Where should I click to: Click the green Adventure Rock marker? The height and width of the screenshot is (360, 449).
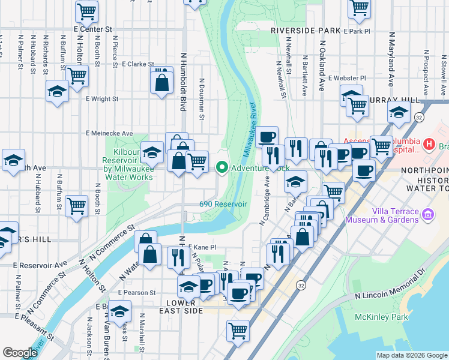222,168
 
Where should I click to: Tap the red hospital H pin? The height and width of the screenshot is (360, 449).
429,144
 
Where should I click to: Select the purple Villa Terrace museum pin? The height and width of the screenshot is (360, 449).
427,214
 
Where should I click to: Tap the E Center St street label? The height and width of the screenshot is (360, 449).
93,29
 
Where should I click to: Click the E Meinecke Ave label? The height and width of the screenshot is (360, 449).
109,133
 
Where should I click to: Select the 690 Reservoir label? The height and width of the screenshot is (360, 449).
223,204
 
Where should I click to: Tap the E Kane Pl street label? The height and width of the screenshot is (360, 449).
201,247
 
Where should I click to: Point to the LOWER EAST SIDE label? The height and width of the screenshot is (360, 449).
178,306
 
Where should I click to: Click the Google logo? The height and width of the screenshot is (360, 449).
20,353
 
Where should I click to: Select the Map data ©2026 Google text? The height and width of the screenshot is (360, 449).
412,355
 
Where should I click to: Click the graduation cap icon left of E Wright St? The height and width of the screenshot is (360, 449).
57,91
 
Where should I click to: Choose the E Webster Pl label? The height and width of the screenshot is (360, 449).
347,78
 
